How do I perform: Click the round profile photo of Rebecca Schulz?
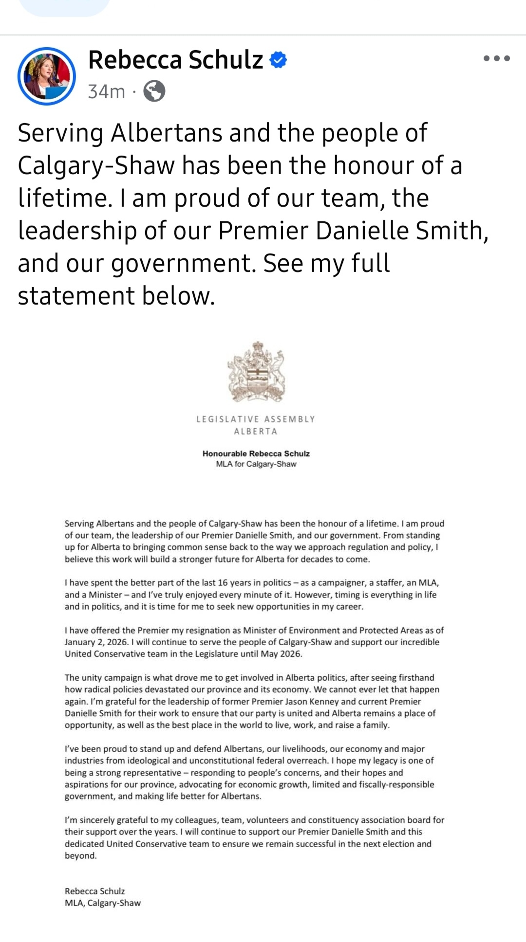click(47, 76)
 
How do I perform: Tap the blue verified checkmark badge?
click(278, 60)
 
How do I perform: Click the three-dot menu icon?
click(496, 58)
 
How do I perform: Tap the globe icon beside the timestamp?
click(154, 91)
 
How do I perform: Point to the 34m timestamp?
click(106, 91)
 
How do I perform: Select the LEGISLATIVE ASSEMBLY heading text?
click(256, 419)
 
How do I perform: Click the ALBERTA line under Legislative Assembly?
click(256, 432)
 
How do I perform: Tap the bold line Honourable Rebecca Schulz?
click(256, 453)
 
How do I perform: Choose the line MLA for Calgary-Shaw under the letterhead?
click(256, 464)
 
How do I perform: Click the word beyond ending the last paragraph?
click(80, 856)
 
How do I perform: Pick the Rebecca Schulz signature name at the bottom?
click(94, 891)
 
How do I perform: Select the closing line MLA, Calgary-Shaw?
click(102, 903)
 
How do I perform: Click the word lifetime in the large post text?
click(61, 198)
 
